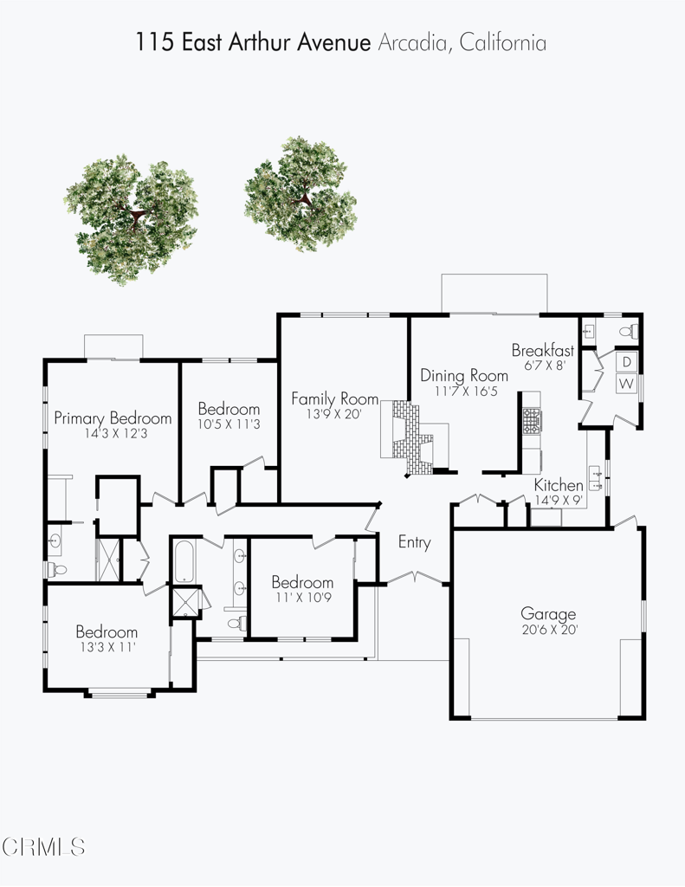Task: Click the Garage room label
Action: tap(548, 614)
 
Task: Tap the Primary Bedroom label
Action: tap(113, 418)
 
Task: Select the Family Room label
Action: tap(334, 398)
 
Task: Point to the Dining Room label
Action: tap(464, 375)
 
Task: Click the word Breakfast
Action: tap(543, 350)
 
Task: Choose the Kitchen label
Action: tap(559, 484)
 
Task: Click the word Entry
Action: tap(414, 542)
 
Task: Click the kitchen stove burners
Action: tap(530, 422)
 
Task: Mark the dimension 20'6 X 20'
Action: tap(548, 630)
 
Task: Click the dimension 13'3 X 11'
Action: tap(107, 646)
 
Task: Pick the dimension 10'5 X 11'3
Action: tap(229, 424)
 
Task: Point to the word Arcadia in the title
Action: tap(411, 42)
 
